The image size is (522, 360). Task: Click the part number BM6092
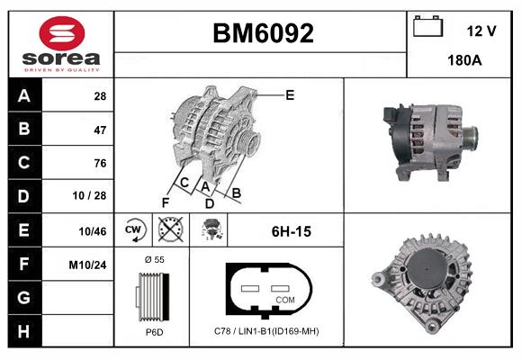coord(263,33)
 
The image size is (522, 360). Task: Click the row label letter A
coord(24,95)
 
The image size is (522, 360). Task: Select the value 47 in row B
coord(99,130)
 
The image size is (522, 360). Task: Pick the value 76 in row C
coord(99,163)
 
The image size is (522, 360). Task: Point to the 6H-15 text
coord(291,231)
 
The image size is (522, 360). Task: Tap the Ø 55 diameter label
coord(154,259)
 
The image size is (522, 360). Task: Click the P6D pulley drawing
coord(153,298)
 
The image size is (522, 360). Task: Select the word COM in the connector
coord(284,299)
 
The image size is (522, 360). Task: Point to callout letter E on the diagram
coord(290,94)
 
